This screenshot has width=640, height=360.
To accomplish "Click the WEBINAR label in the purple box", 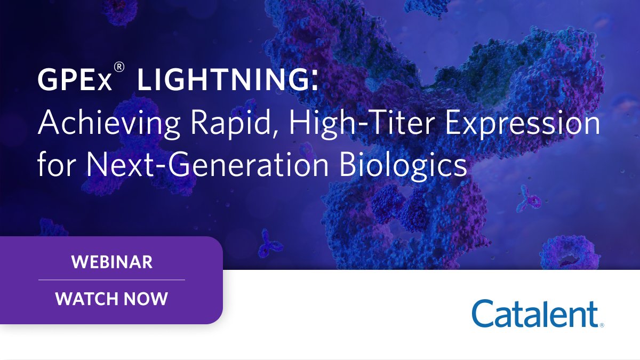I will pyautogui.click(x=111, y=262).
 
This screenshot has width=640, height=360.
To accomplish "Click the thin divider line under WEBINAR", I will pyautogui.click(x=111, y=279).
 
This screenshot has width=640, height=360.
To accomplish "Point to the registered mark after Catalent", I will pyautogui.click(x=602, y=324).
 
